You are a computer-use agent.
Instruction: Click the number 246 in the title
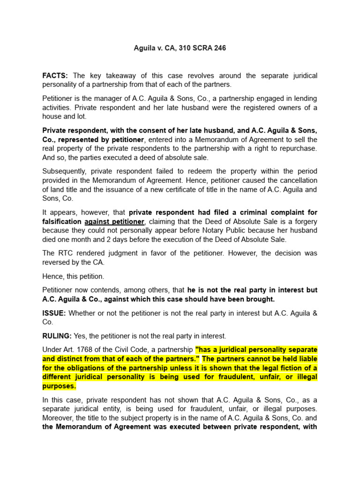pos(219,48)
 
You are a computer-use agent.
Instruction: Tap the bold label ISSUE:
pos(55,313)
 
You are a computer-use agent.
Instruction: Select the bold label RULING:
pos(57,336)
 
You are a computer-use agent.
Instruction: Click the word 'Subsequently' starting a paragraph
pos(64,171)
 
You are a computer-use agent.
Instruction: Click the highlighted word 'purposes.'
pos(59,386)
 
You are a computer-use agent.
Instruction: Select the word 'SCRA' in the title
pos(195,48)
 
